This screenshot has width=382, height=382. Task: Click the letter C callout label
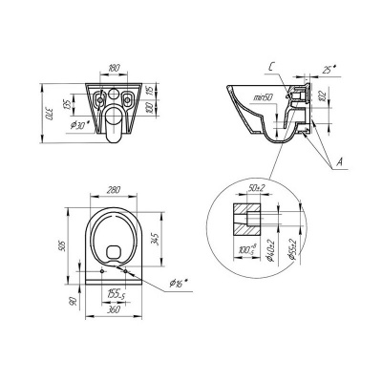(x=271, y=65)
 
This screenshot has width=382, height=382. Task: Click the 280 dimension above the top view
(x=118, y=191)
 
